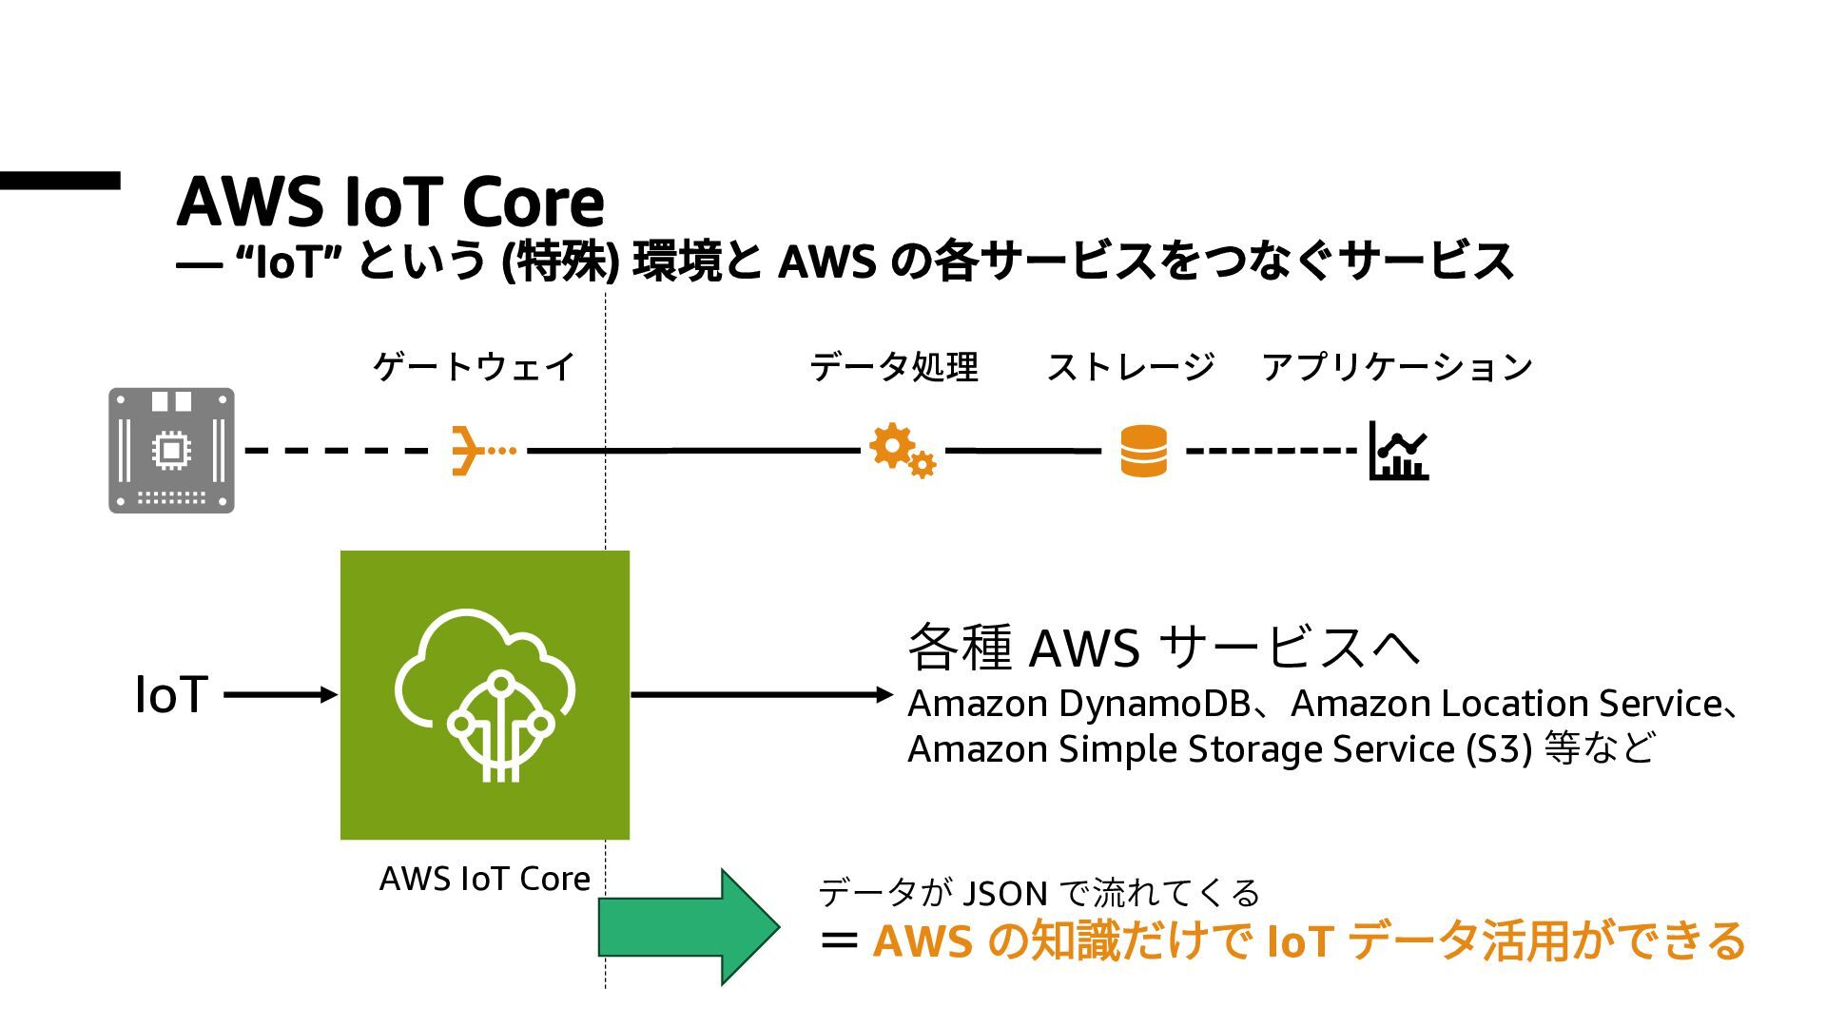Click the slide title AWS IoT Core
click(390, 202)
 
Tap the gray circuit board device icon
click(171, 450)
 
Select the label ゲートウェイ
click(474, 366)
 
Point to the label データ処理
click(894, 366)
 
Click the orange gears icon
click(902, 451)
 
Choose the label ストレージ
click(1131, 366)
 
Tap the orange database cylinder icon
click(1143, 451)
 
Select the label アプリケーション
click(1397, 366)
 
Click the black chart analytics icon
click(1399, 451)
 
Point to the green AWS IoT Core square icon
click(485, 695)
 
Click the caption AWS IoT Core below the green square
click(485, 878)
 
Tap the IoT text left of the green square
click(171, 694)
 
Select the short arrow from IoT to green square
click(282, 695)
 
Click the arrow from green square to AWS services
click(763, 695)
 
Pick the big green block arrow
click(690, 926)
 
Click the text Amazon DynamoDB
click(1079, 704)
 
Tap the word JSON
click(1005, 894)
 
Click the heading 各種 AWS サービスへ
click(1165, 647)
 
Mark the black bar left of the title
click(60, 181)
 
